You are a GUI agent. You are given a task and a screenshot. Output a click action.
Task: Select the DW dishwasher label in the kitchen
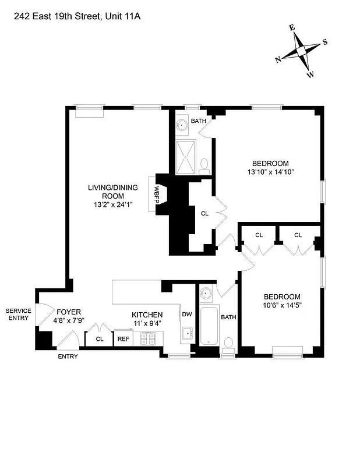(186, 314)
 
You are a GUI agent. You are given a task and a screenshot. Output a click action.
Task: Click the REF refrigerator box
(123, 338)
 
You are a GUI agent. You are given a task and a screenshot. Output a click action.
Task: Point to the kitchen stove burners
(147, 337)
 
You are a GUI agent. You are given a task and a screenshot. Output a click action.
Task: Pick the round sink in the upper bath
(182, 123)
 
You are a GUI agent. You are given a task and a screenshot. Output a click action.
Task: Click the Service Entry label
(17, 315)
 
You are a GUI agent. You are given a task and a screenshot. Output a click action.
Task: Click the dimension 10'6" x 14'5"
(281, 305)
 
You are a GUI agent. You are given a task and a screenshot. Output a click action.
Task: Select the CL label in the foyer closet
(100, 338)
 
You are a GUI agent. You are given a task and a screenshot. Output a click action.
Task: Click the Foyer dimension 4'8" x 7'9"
(68, 320)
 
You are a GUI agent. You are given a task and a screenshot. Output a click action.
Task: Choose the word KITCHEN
(147, 315)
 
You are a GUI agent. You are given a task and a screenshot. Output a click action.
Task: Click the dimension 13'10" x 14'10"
(270, 172)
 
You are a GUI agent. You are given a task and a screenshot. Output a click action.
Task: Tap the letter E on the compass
(292, 27)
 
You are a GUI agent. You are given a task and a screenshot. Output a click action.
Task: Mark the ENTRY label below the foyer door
(68, 356)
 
